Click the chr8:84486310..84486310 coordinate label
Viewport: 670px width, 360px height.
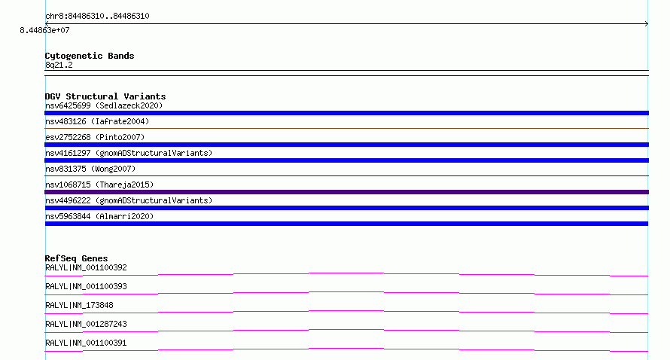click(97, 16)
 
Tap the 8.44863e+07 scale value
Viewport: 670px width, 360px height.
click(44, 30)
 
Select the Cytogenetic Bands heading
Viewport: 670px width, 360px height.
click(90, 56)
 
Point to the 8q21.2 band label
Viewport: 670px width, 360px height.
click(59, 65)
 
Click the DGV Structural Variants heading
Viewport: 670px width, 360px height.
click(105, 96)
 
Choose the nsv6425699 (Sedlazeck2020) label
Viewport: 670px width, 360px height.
click(104, 105)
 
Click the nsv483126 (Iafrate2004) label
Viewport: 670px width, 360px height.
click(97, 121)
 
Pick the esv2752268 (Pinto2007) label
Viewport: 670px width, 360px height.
click(95, 137)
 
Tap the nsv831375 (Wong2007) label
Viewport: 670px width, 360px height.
click(90, 169)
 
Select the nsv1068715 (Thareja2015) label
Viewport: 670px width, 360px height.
click(99, 185)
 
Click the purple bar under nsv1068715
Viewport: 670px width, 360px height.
click(346, 192)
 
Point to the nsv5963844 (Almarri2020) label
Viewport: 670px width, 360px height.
click(99, 216)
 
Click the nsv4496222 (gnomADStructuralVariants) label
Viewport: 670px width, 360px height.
click(129, 200)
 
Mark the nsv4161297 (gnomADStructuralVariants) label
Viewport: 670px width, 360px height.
click(129, 153)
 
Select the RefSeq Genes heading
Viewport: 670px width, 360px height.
click(76, 258)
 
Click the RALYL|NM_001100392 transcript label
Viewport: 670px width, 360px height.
click(86, 267)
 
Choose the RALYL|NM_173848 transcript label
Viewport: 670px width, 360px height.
click(79, 305)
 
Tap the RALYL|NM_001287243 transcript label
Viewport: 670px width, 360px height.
click(86, 324)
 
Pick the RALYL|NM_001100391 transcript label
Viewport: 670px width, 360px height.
click(86, 343)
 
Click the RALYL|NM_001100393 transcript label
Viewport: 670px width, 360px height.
click(86, 286)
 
